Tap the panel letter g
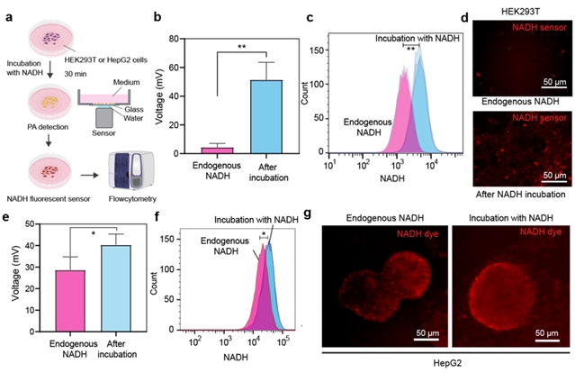pos(310,215)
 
